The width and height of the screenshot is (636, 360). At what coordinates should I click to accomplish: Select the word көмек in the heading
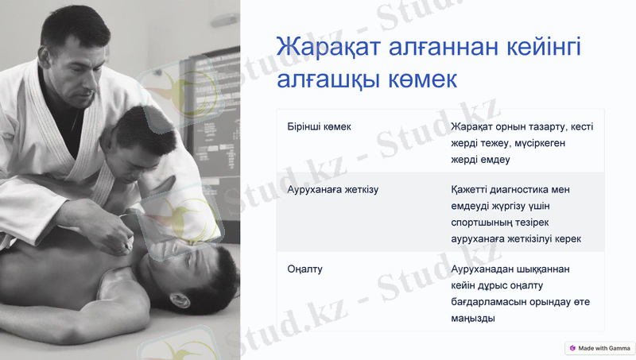click(419, 81)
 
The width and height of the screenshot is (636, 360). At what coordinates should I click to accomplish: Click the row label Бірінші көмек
click(319, 126)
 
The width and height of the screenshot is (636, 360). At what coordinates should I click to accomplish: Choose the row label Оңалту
click(304, 269)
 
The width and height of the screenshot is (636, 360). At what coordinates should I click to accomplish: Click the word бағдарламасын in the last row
click(494, 302)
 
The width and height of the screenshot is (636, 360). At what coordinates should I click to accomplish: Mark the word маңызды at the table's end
click(473, 319)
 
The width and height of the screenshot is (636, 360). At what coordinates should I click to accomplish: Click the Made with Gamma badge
click(600, 348)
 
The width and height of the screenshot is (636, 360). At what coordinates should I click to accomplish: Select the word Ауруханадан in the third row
click(484, 269)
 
